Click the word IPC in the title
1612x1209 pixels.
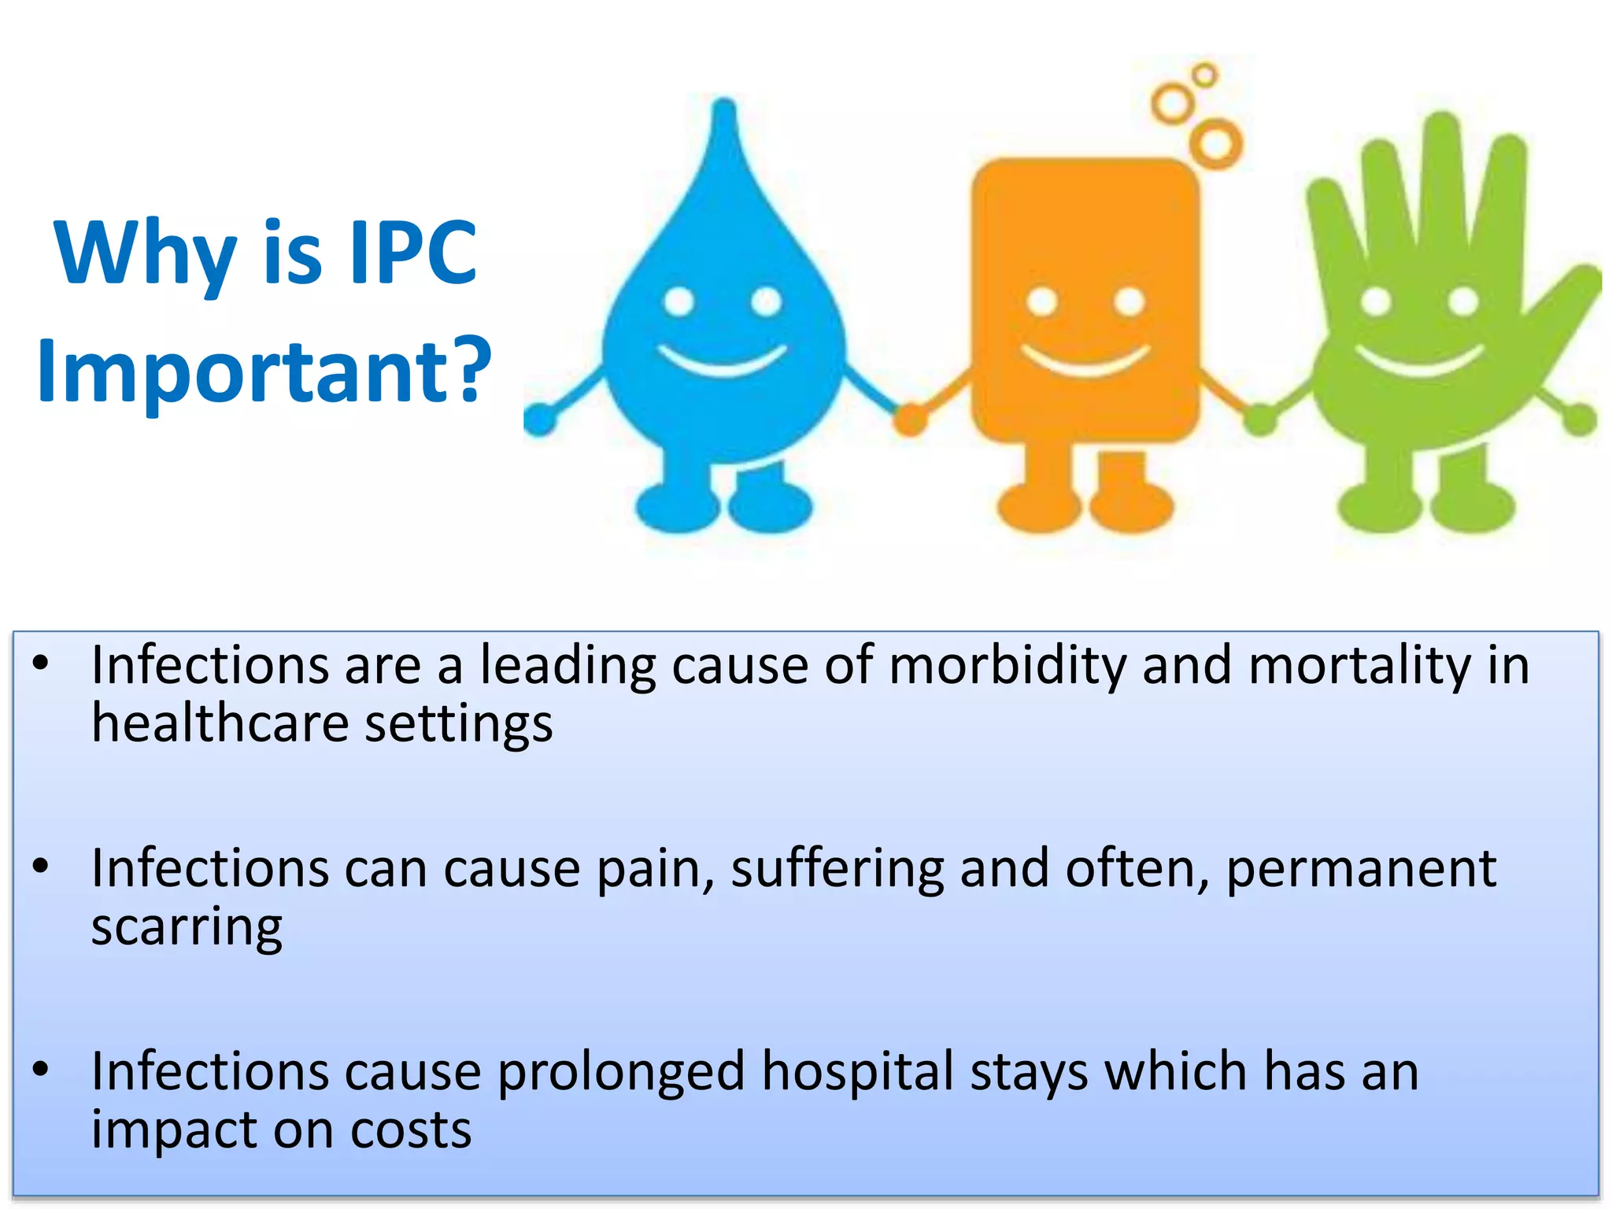(412, 253)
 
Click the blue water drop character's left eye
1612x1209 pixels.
(678, 301)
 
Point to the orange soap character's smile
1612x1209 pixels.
(1085, 363)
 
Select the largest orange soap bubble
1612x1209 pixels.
(1216, 143)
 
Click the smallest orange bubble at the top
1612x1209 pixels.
(1204, 76)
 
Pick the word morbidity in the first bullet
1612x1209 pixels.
(1007, 665)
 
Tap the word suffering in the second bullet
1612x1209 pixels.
(837, 869)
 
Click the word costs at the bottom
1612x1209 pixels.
(410, 1130)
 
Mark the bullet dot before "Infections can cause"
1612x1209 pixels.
(41, 867)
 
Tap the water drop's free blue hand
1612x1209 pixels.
(540, 419)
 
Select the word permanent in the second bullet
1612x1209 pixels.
(1361, 869)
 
